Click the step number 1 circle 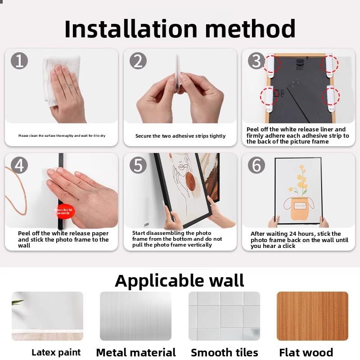pos(19,60)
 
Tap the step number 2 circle pos(138,60)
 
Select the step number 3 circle pos(256,60)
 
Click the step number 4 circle pos(19,165)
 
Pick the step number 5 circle pos(138,165)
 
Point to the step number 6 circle pos(256,165)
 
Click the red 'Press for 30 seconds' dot pos(64,211)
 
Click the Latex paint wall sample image pos(47,316)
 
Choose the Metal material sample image pos(135,316)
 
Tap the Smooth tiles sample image pos(224,316)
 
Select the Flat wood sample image pos(312,316)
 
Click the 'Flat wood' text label pos(306,352)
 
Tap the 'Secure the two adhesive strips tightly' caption pos(180,136)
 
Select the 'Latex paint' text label pos(56,352)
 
